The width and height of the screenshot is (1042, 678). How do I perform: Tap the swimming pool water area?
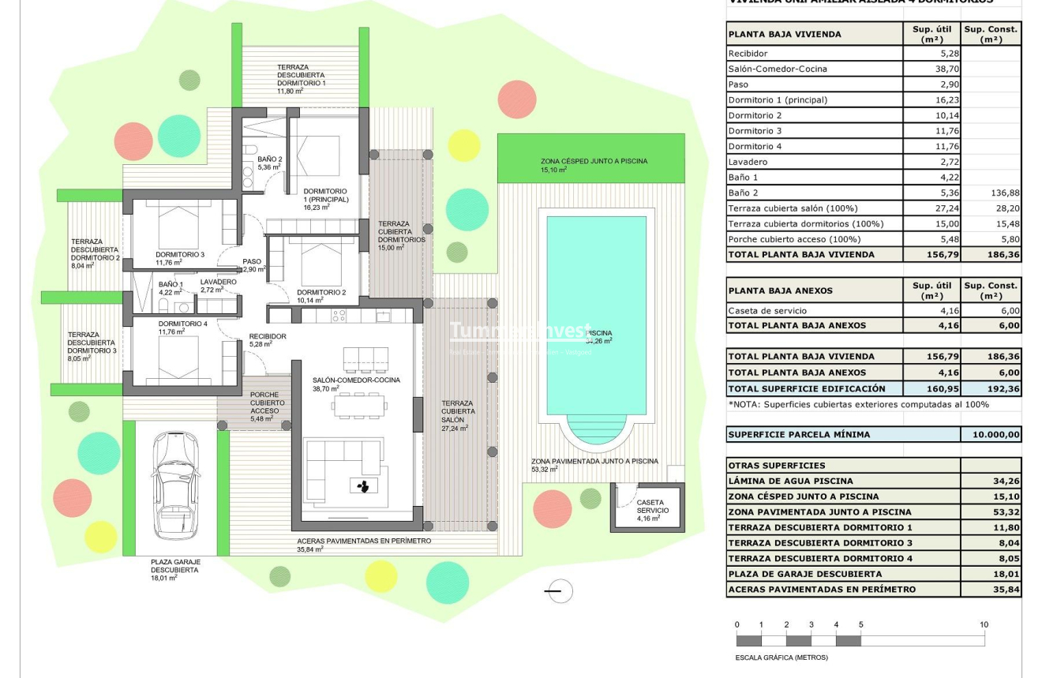[596, 316]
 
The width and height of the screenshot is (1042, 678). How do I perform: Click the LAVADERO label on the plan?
[218, 282]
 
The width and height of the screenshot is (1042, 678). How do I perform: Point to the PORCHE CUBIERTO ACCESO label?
[268, 403]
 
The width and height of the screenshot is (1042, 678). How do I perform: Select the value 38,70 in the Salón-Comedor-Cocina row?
[931, 69]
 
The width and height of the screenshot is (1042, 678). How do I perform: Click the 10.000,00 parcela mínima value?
[991, 435]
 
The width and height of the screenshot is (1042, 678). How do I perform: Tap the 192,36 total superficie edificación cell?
[991, 388]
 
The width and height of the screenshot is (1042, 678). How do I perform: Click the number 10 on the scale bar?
[984, 625]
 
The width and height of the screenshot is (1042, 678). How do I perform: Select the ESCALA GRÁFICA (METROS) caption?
[781, 657]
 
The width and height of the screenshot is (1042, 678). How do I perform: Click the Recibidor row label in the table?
[748, 54]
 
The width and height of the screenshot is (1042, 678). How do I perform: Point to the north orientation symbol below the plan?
[559, 590]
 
